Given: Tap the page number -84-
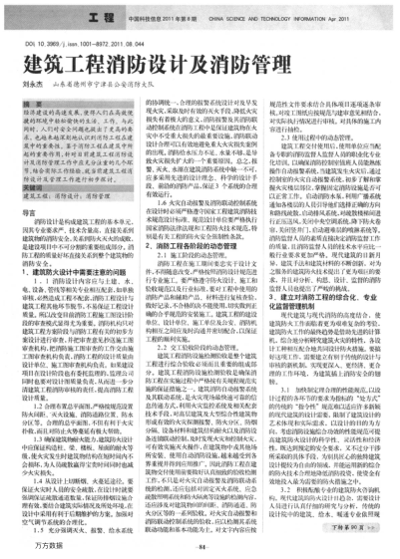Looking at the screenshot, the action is [199, 544].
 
